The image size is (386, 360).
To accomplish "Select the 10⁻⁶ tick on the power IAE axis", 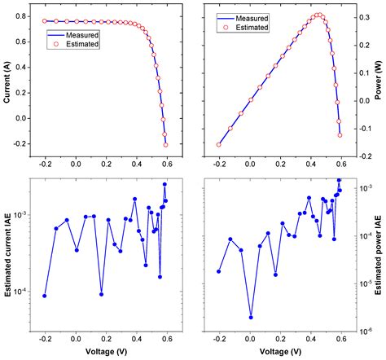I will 362,330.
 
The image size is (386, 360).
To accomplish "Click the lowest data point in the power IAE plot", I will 251,318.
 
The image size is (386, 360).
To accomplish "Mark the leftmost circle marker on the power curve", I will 218,144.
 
